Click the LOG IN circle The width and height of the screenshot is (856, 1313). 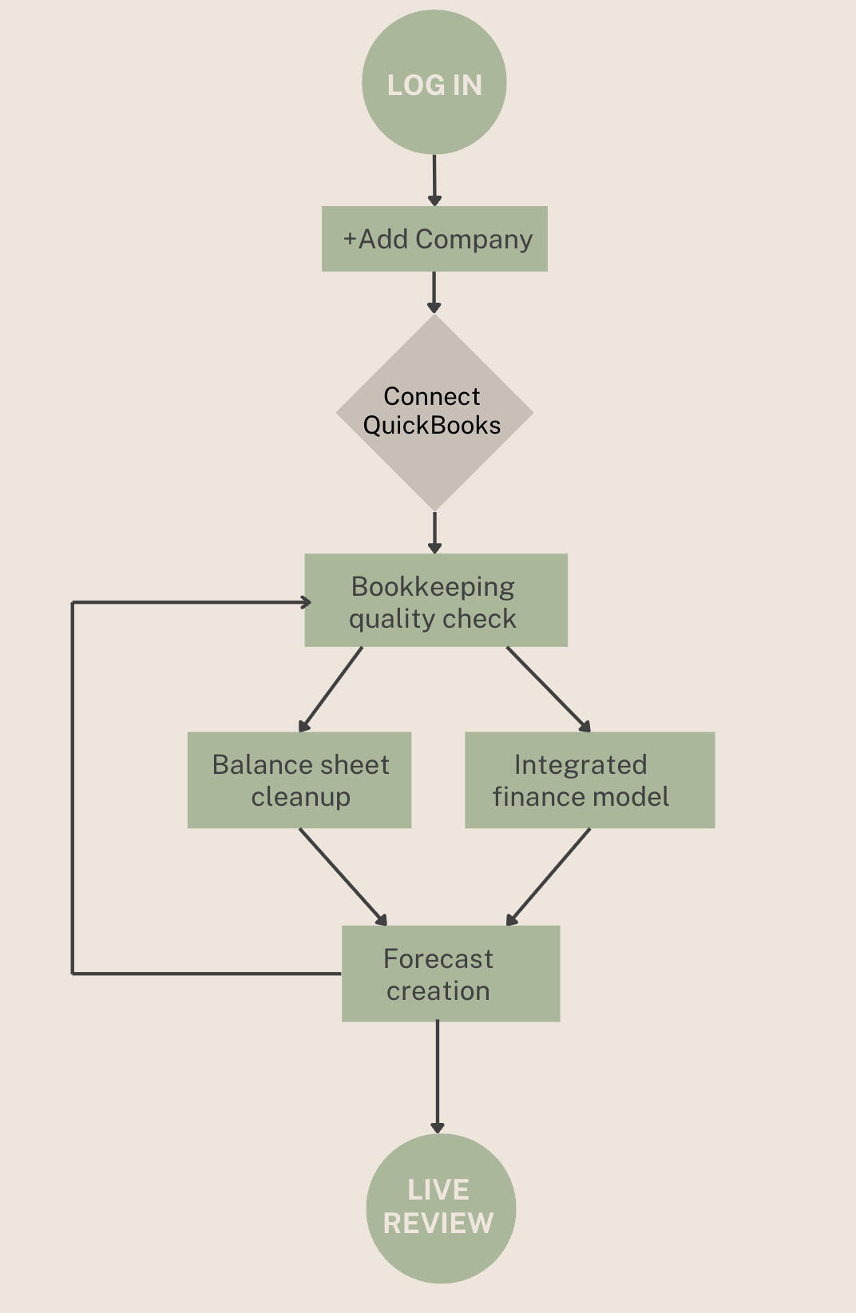[x=434, y=82]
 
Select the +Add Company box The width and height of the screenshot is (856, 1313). [x=434, y=239]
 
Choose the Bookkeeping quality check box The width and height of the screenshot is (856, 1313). [x=436, y=601]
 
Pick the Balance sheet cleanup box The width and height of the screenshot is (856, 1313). [x=299, y=780]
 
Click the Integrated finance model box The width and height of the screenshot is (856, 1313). [x=589, y=780]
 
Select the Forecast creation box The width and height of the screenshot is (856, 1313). [x=450, y=974]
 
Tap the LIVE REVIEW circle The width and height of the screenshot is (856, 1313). [x=441, y=1208]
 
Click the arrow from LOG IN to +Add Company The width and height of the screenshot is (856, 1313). [x=434, y=180]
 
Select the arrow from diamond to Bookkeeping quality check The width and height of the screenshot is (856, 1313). [x=434, y=532]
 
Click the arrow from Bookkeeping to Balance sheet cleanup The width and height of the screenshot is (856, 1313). [x=331, y=689]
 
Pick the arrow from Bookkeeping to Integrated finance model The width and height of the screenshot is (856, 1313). [x=549, y=689]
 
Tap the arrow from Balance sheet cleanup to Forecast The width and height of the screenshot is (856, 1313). [x=343, y=876]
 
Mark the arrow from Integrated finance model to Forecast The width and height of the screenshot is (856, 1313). [x=549, y=876]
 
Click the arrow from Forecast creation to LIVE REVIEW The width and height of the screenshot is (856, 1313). [x=438, y=1077]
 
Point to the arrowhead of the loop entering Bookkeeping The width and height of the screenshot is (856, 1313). [x=306, y=602]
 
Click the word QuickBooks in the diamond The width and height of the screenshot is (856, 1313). [x=432, y=426]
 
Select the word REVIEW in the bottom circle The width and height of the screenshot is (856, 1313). [x=438, y=1223]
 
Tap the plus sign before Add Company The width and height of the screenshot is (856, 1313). [x=350, y=239]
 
